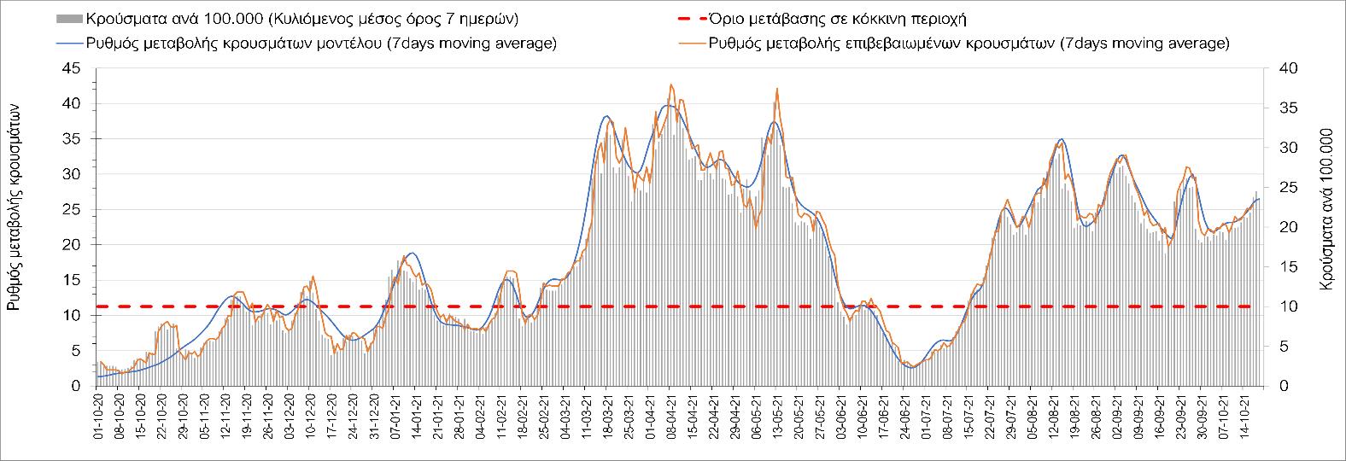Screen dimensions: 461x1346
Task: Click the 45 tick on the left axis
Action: (x=76, y=68)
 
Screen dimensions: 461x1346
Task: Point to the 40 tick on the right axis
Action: (x=1278, y=68)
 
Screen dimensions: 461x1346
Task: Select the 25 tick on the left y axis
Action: (x=76, y=209)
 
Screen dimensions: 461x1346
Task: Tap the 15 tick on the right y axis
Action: (x=1278, y=267)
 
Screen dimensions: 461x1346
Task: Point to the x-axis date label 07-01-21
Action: (x=393, y=417)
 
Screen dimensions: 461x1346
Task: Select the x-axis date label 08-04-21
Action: (x=670, y=417)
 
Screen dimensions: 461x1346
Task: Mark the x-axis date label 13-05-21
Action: (x=776, y=417)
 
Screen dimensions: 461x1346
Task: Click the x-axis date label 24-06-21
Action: (x=904, y=417)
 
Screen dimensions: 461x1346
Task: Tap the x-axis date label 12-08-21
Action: (x=1053, y=417)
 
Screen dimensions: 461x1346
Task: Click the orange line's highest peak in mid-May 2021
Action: (x=777, y=88)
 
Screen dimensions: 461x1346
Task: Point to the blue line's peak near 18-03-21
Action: (x=606, y=116)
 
